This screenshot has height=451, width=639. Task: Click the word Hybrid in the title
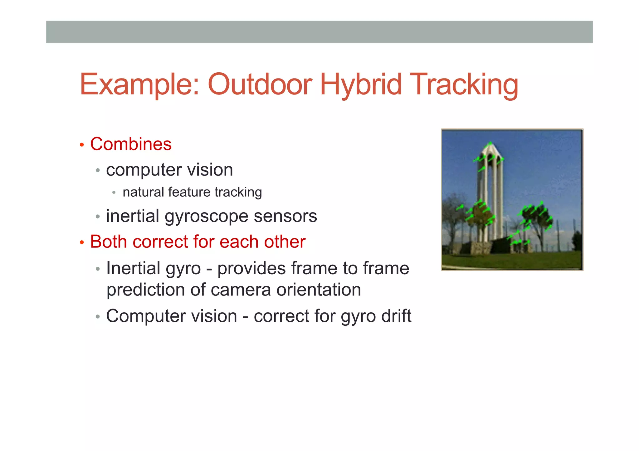tap(361, 84)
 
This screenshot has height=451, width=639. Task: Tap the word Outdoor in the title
tap(260, 84)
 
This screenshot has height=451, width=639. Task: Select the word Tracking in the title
tap(464, 84)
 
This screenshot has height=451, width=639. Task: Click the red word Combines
tap(131, 144)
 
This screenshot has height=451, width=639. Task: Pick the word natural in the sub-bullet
tap(143, 192)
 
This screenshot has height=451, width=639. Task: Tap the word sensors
tap(285, 216)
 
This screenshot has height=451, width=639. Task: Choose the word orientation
tap(319, 290)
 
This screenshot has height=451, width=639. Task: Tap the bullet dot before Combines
tap(82, 145)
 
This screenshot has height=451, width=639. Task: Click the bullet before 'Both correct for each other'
tap(82, 242)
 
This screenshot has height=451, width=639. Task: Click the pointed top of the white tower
tap(490, 143)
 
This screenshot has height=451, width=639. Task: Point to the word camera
tap(241, 290)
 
